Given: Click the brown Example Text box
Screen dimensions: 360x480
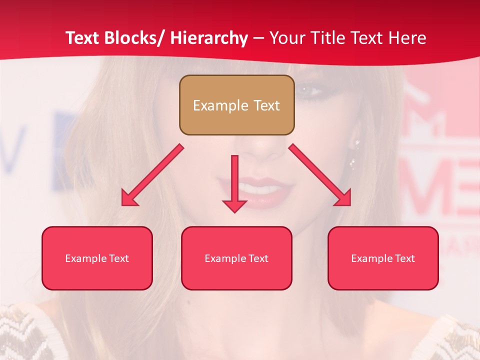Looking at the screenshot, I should coord(236,105).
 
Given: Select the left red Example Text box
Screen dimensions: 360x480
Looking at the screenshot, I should coord(97,258).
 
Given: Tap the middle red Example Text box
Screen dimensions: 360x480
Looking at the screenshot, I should coord(236,258).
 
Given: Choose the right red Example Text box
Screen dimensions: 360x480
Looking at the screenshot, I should coord(383,258).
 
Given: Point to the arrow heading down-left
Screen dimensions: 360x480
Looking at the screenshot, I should coord(152,175).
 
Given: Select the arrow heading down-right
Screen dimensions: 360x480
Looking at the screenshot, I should coord(320,175).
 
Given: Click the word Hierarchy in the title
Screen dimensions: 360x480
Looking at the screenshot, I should coord(209,38).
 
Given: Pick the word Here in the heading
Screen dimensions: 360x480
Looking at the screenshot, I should coord(408,38).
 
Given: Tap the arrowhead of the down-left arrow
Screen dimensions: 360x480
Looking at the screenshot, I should coord(129,197).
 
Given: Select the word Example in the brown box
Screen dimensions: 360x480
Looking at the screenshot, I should coord(213,105).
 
